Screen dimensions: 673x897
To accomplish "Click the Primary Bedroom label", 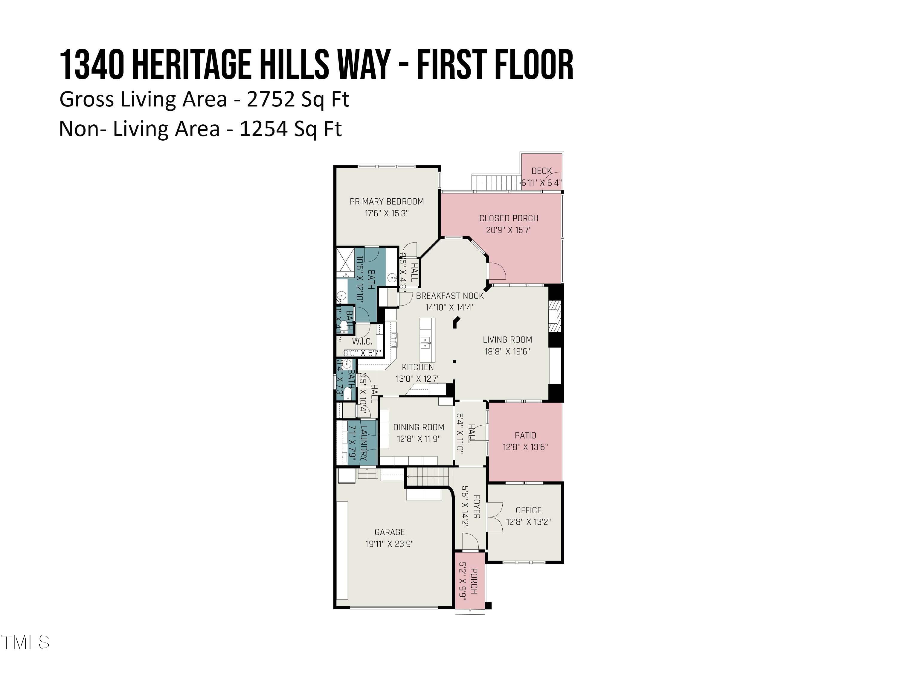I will pos(386,202).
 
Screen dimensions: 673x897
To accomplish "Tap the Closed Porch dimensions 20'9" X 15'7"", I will pos(509,230).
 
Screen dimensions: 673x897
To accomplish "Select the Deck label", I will pos(541,171).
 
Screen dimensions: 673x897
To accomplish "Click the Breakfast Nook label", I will pos(450,296).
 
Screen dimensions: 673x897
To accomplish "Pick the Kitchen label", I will pos(418,367).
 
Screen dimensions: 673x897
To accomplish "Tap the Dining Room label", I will pos(419,427).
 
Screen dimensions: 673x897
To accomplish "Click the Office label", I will pos(528,510).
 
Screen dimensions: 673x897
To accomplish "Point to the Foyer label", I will pos(477,507).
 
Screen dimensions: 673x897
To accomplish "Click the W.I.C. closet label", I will pos(362,342).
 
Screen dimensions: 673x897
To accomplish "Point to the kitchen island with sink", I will pos(427,340).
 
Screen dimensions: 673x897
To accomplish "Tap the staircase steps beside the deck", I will pos(495,182).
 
